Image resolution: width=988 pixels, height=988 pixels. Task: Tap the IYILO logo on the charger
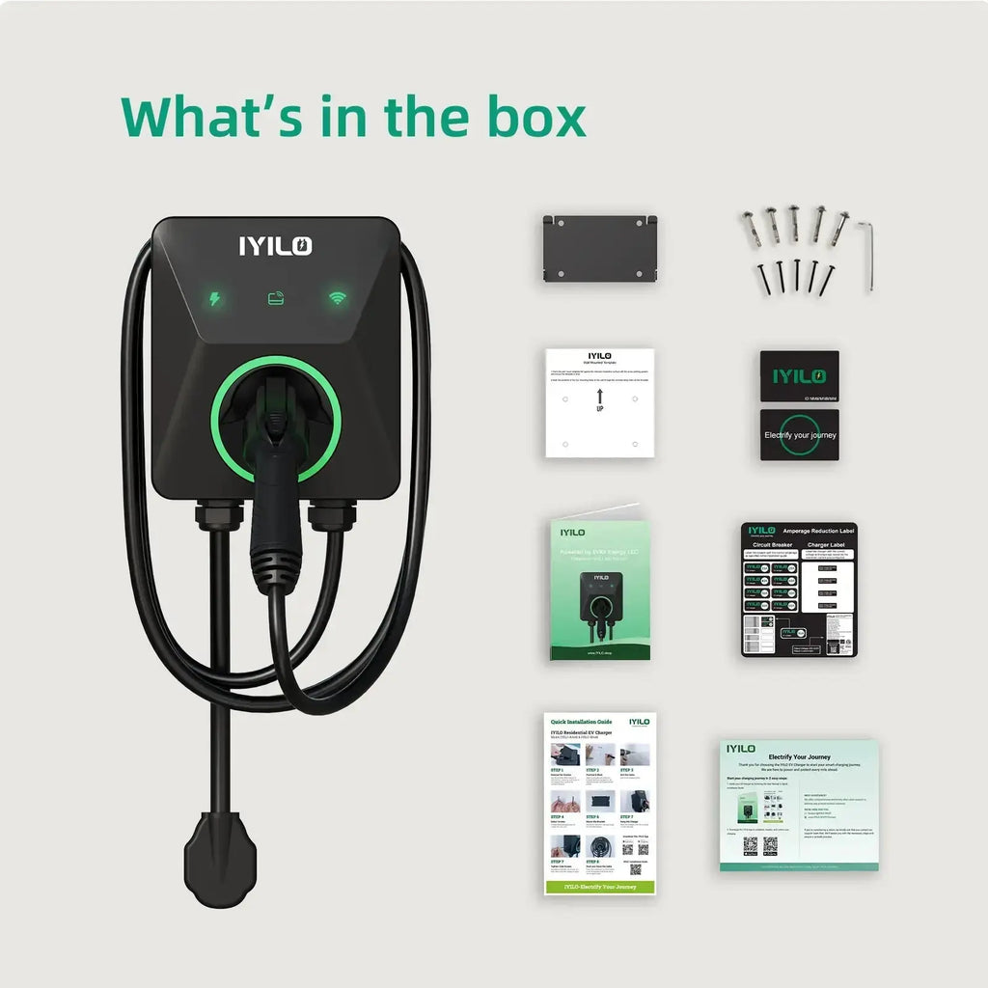[276, 246]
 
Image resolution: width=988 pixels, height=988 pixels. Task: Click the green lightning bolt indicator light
[214, 299]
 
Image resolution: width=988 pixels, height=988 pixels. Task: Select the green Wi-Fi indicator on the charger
[337, 298]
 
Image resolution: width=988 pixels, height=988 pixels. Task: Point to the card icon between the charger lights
[276, 299]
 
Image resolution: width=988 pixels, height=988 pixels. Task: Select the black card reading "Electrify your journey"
[799, 435]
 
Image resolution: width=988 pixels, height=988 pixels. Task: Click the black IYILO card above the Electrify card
[799, 375]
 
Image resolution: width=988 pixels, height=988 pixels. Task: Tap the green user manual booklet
[600, 590]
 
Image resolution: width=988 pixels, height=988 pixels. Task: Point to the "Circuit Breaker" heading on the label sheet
[772, 544]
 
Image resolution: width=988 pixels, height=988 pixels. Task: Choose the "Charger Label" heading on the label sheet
[826, 544]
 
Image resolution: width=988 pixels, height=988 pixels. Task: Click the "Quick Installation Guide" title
[581, 721]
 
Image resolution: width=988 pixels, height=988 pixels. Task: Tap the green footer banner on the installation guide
[600, 886]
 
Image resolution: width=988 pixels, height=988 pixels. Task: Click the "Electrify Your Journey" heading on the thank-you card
[799, 756]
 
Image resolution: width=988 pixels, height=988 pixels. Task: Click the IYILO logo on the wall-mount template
[599, 356]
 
